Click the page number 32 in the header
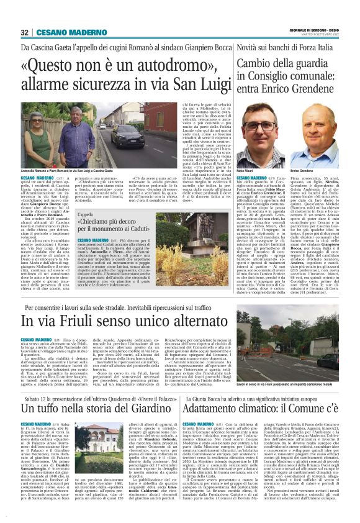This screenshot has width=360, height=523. coord(25,32)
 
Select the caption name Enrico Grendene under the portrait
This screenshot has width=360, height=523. coord(318,170)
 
